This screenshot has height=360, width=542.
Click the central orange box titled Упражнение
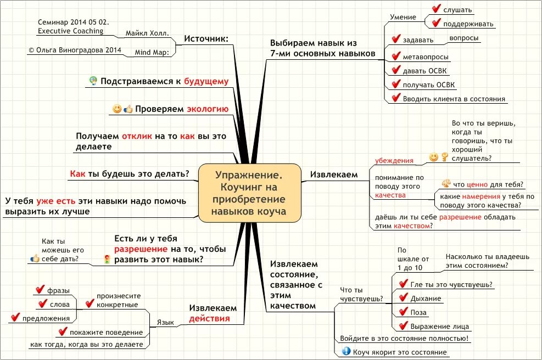pyautogui.click(x=250, y=193)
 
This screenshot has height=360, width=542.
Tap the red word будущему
pyautogui.click(x=206, y=81)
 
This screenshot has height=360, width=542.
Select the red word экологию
pyautogui.click(x=208, y=109)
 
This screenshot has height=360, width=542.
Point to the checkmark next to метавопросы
pyautogui.click(x=395, y=56)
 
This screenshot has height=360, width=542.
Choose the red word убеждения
pyautogui.click(x=394, y=161)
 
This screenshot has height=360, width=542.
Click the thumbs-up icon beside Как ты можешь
pyautogui.click(x=35, y=258)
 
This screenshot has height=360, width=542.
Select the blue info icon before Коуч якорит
pyautogui.click(x=346, y=351)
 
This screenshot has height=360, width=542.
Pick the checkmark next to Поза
pyautogui.click(x=401, y=312)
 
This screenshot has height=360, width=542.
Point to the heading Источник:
pyautogui.click(x=206, y=38)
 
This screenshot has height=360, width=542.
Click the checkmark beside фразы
pyautogui.click(x=39, y=289)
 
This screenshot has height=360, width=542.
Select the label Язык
pyautogui.click(x=165, y=323)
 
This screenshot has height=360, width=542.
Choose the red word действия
pyautogui.click(x=209, y=319)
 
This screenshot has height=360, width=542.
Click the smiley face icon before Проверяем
pyautogui.click(x=116, y=109)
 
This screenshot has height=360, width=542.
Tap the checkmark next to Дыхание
pyautogui.click(x=401, y=298)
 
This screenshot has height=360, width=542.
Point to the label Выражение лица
pyautogui.click(x=440, y=326)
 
